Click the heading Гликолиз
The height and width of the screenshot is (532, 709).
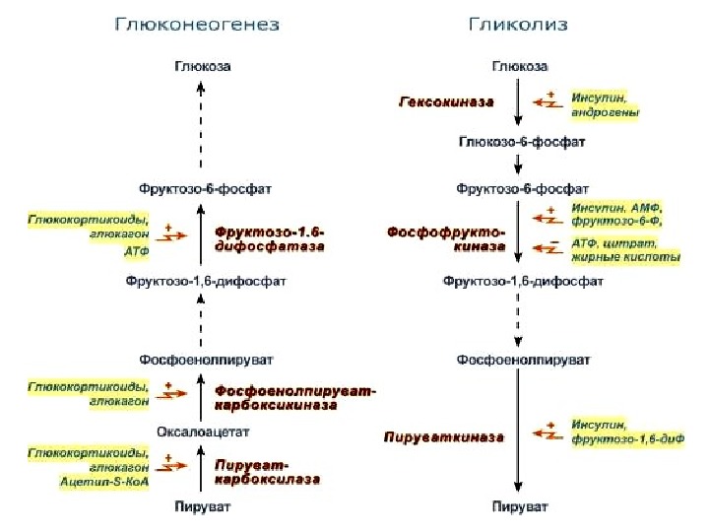(x=517, y=24)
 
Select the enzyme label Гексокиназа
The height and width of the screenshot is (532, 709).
(x=444, y=102)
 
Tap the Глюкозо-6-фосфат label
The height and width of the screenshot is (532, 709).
(x=521, y=142)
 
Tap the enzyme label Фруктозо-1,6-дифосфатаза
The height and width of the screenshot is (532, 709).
(x=270, y=240)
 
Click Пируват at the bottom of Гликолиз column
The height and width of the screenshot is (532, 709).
(x=521, y=506)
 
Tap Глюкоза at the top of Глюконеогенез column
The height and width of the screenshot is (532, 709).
(x=202, y=66)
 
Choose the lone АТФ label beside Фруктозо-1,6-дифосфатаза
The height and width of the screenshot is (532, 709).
(x=137, y=252)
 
